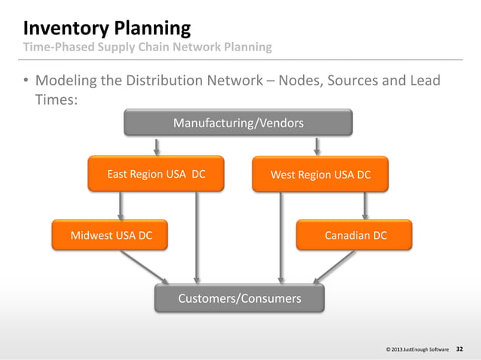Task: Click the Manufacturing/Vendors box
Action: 238,122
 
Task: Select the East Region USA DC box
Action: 155,174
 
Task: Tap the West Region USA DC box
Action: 320,174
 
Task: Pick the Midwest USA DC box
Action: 111,235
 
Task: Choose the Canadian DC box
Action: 355,235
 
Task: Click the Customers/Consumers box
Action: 239,298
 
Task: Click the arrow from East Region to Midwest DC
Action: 121,205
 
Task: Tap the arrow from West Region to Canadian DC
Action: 365,205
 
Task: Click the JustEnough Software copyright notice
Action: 417,350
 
